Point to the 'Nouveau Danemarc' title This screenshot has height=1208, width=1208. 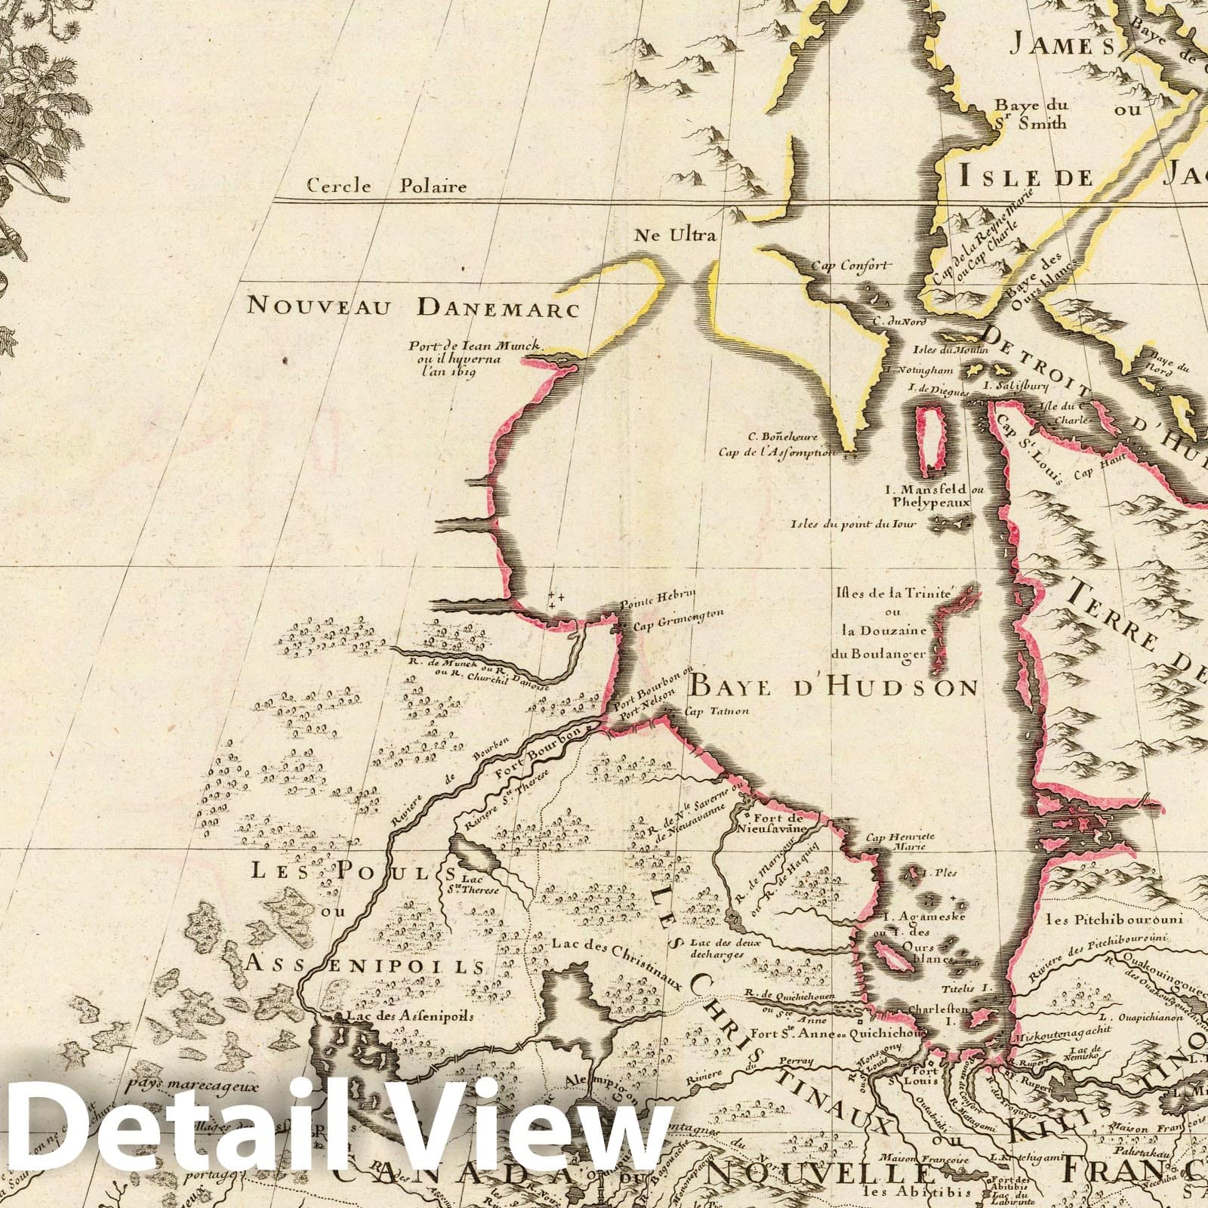pyautogui.click(x=413, y=307)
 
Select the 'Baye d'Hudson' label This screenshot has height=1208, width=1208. pyautogui.click(x=834, y=687)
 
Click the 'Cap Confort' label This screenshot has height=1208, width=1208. pyautogui.click(x=852, y=265)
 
